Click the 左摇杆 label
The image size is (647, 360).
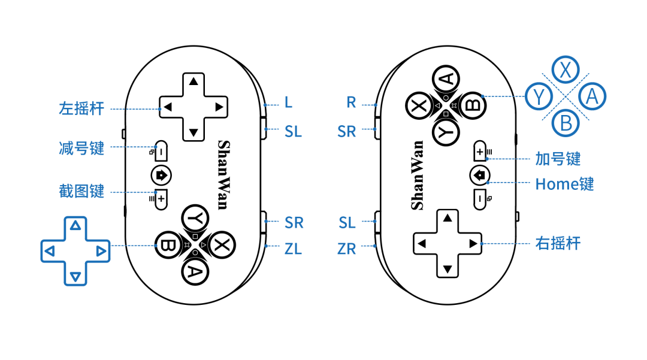click(x=81, y=108)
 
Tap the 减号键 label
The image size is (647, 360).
click(x=81, y=147)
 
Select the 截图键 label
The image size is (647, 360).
click(x=81, y=191)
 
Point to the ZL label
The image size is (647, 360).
click(x=294, y=248)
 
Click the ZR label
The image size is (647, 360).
click(x=347, y=249)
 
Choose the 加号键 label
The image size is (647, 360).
click(x=558, y=159)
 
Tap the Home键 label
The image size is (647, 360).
click(x=564, y=184)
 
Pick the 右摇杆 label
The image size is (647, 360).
click(x=558, y=243)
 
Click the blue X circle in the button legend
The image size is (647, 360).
click(x=565, y=70)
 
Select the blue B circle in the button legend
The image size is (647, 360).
click(x=566, y=123)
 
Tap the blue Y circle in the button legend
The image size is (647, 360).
click(x=539, y=96)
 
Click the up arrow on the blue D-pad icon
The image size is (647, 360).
click(x=75, y=226)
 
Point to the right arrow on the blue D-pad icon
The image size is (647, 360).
click(x=101, y=251)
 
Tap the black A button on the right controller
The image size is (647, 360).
click(x=446, y=78)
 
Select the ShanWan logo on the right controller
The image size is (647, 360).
click(x=417, y=175)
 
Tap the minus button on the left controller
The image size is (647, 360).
click(x=161, y=152)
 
